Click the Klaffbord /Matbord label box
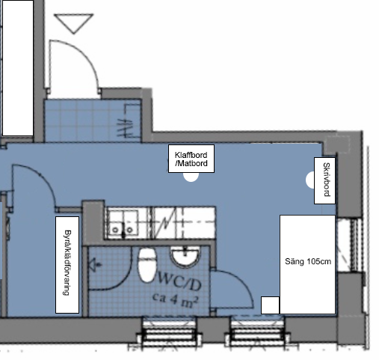coord(191,159)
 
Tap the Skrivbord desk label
coord(324,180)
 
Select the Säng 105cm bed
coord(307,264)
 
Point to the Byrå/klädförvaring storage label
coord(67,265)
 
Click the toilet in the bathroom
coord(147,265)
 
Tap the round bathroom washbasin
coord(185,256)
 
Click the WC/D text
coord(179,281)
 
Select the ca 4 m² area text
coord(176,300)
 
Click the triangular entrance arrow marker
coord(74,23)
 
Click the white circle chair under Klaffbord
coord(191,177)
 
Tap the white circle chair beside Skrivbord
coord(310,180)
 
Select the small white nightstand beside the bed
coord(270,305)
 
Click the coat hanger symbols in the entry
coord(126,127)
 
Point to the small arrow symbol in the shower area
coord(95,265)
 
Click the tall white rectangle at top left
coord(18,68)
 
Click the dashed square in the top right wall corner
coord(338,144)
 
